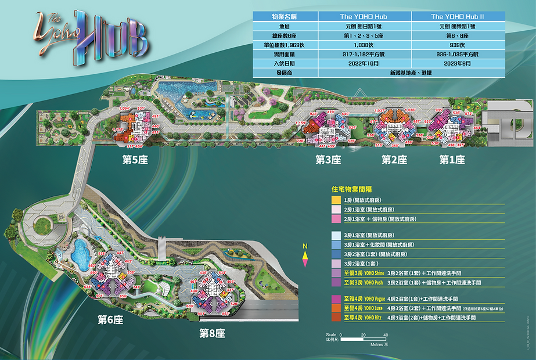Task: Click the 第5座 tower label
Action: click(x=134, y=160)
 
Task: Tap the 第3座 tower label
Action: click(x=328, y=160)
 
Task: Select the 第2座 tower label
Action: click(x=394, y=160)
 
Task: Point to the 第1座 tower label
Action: click(x=452, y=160)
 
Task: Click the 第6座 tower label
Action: click(x=110, y=319)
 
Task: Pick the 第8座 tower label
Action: click(x=212, y=333)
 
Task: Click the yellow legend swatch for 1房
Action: click(x=336, y=200)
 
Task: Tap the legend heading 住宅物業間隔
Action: click(x=351, y=189)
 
